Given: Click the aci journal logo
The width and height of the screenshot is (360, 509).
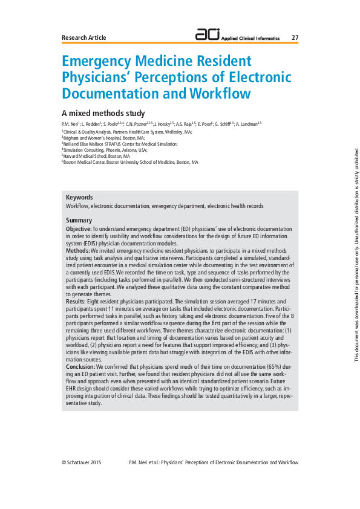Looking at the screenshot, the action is coord(208,36).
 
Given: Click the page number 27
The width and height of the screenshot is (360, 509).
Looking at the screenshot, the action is coord(295,37).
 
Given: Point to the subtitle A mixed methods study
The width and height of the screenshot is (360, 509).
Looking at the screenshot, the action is coord(103,113).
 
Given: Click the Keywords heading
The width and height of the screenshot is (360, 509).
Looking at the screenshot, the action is coord(79,197).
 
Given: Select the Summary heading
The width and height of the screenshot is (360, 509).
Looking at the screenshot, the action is coord(79,220).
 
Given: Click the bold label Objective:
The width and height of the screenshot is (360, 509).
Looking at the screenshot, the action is coord(79,230).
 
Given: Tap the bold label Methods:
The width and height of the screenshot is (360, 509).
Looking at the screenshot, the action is coord(78,250).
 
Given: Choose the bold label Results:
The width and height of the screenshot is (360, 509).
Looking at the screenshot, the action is coord(76,300).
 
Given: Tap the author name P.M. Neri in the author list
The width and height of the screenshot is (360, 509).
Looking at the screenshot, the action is coord(70,124).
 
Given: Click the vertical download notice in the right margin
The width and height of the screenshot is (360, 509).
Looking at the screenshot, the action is coord(356,254).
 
